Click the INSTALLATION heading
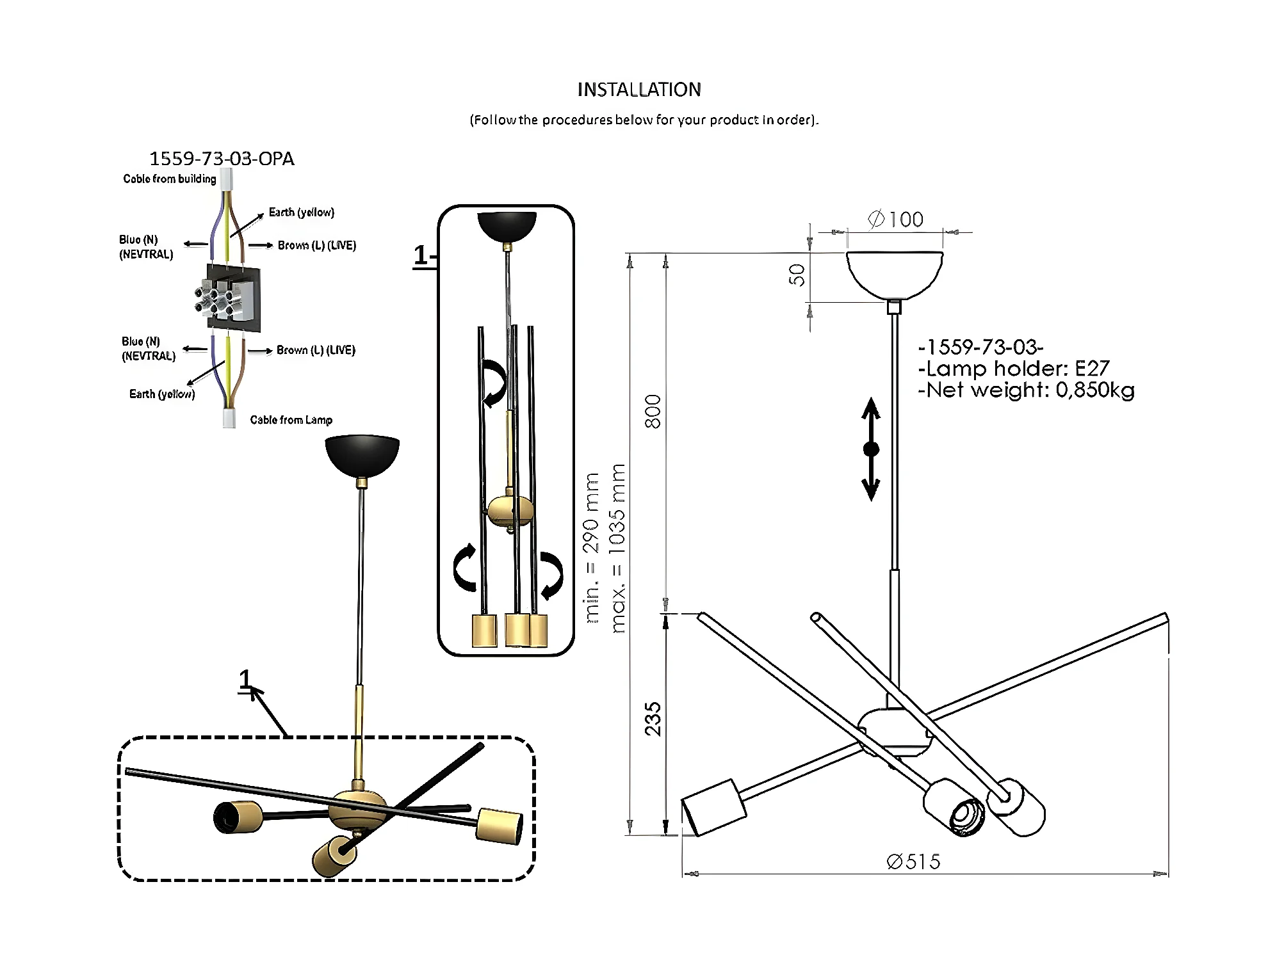(x=639, y=90)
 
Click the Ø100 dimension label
(x=895, y=220)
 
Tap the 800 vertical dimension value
(x=653, y=412)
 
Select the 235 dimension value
(x=653, y=719)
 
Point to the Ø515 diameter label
(x=914, y=862)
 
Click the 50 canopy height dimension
(x=797, y=275)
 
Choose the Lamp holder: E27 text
(x=1014, y=369)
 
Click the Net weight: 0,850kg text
(x=1026, y=390)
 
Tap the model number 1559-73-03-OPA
(x=222, y=159)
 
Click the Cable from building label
(x=170, y=179)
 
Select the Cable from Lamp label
(x=291, y=420)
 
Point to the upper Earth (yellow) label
(x=302, y=212)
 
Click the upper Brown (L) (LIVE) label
(x=317, y=246)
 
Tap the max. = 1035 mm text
(x=617, y=549)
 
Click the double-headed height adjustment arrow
(x=871, y=449)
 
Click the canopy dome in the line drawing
(x=895, y=275)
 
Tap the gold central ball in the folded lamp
(x=510, y=511)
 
